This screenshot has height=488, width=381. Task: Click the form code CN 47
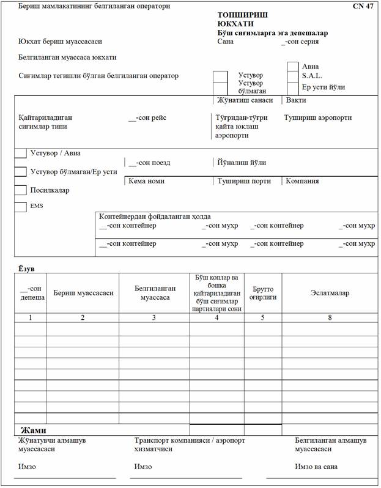point(363,6)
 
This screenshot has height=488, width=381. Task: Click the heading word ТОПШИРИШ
point(242,13)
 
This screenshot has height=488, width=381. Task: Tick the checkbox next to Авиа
point(293,67)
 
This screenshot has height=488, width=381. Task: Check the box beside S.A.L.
point(293,76)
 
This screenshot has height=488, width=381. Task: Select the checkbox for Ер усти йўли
point(293,87)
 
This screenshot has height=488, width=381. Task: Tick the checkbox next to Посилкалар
point(20,190)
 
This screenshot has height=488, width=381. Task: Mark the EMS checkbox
point(20,207)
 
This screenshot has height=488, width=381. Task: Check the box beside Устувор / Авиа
point(20,153)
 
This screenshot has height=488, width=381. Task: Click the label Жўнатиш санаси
point(245,100)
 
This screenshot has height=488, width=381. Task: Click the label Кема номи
point(146,181)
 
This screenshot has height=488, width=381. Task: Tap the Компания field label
point(302,181)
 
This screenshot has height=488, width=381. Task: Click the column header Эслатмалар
point(330,293)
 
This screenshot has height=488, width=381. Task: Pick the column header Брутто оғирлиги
point(263,293)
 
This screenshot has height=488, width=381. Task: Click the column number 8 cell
point(330,317)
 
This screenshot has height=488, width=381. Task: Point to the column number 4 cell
point(216,317)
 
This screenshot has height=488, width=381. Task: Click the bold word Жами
point(34,430)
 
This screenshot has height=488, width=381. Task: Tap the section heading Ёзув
point(25,268)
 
